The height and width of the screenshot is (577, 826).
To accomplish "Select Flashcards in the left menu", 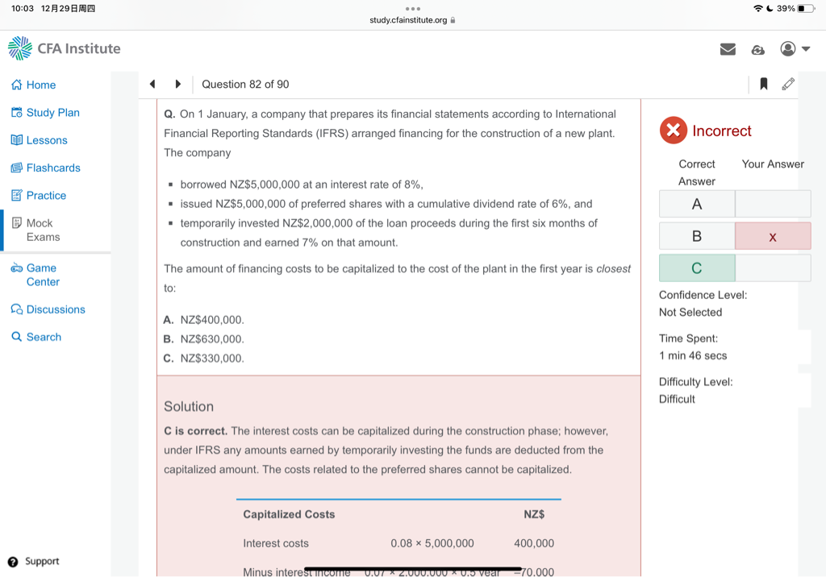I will pyautogui.click(x=46, y=168).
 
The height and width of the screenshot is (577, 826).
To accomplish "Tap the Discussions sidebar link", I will pyautogui.click(x=48, y=309).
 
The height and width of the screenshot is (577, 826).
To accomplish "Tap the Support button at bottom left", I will pyautogui.click(x=33, y=562).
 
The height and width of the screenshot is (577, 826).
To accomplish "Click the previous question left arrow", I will pyautogui.click(x=152, y=84).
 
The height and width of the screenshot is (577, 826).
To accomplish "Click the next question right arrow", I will pyautogui.click(x=178, y=84).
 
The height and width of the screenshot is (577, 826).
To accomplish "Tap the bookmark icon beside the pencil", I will pyautogui.click(x=763, y=84).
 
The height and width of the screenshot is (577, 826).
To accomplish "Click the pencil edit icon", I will pyautogui.click(x=788, y=84).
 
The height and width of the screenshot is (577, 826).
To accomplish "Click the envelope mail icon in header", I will pyautogui.click(x=728, y=49).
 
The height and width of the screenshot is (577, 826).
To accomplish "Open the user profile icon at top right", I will pyautogui.click(x=788, y=49).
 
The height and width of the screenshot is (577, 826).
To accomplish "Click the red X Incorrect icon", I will pyautogui.click(x=673, y=131).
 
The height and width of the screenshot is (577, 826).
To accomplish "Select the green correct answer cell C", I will pyautogui.click(x=696, y=268).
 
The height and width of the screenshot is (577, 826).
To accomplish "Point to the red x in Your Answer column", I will pyautogui.click(x=773, y=236).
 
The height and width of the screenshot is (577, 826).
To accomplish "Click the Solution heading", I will pyautogui.click(x=189, y=406).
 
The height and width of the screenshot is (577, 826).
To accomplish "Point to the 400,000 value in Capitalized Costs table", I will pyautogui.click(x=533, y=543).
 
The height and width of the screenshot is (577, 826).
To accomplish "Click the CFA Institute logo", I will pyautogui.click(x=65, y=48).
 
